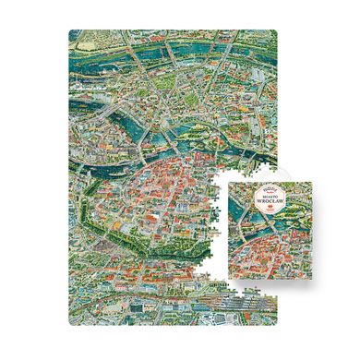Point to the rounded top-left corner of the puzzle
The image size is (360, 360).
[72, 33]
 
